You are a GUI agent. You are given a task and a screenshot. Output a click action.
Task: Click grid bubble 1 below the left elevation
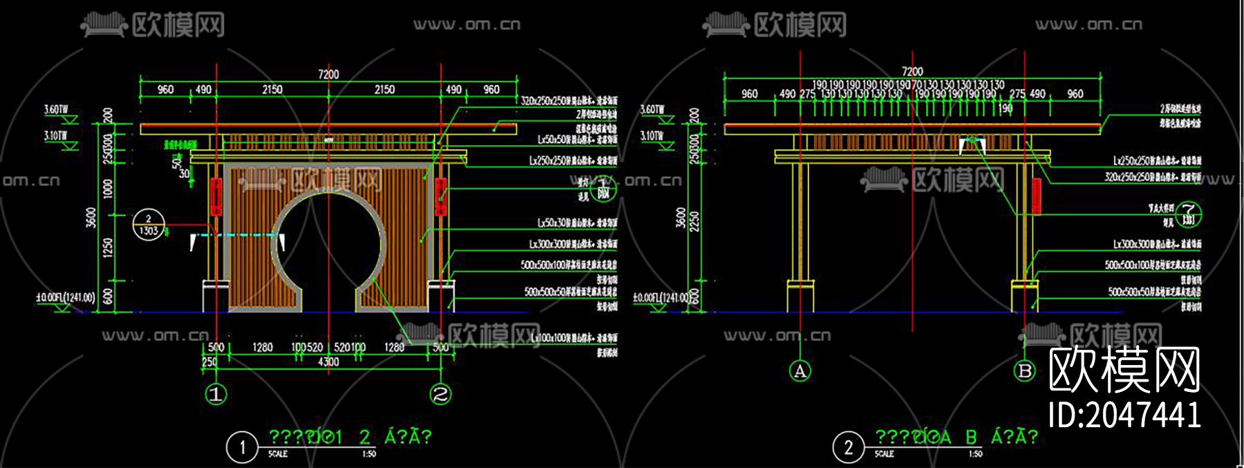coord(216,395)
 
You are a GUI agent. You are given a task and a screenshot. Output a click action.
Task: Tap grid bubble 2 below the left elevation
coord(440,395)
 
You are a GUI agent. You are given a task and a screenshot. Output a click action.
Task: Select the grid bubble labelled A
coord(800,371)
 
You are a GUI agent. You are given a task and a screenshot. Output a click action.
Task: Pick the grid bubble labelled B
coord(1025,371)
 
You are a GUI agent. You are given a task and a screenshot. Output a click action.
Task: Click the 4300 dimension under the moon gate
coord(328,362)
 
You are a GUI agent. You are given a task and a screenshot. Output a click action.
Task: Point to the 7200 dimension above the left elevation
coord(328,74)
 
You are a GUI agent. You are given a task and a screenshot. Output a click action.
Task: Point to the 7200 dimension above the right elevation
coord(912,71)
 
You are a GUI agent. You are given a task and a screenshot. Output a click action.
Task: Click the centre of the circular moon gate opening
coord(328,242)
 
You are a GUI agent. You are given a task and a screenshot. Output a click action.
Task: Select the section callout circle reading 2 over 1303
coord(149,225)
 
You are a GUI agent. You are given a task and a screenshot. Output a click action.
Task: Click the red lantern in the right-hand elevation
coord(1035,196)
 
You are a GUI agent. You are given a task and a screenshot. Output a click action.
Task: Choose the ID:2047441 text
coord(1124,415)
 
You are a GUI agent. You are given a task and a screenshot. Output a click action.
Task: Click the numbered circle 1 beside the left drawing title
coord(242,447)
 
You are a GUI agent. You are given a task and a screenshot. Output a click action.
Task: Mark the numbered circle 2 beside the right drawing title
coord(848,447)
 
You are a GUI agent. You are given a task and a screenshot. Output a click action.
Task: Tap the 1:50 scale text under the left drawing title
coord(369,454)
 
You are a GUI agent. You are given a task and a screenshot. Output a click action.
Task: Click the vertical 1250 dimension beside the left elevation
coord(108,247)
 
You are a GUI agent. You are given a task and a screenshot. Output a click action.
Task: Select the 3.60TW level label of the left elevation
coord(56,109)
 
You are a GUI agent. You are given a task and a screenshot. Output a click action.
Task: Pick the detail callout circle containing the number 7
coord(1189,214)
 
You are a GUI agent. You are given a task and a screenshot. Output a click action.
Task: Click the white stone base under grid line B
coord(1024,296)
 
